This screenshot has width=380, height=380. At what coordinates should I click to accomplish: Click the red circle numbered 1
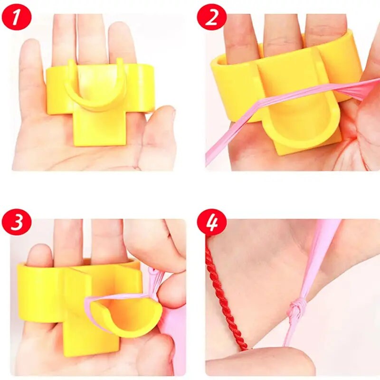pyautogui.click(x=17, y=17)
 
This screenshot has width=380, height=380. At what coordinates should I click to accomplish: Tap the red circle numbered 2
pyautogui.click(x=211, y=17)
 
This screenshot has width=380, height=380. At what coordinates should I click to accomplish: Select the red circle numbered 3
pyautogui.click(x=17, y=222)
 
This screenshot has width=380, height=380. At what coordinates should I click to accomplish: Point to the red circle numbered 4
pyautogui.click(x=211, y=222)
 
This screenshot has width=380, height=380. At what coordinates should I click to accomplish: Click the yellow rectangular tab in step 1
pyautogui.click(x=100, y=128)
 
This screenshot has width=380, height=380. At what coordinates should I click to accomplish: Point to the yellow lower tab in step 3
pyautogui.click(x=90, y=337)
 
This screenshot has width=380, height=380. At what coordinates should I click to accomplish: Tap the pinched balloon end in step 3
pyautogui.click(x=155, y=279)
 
